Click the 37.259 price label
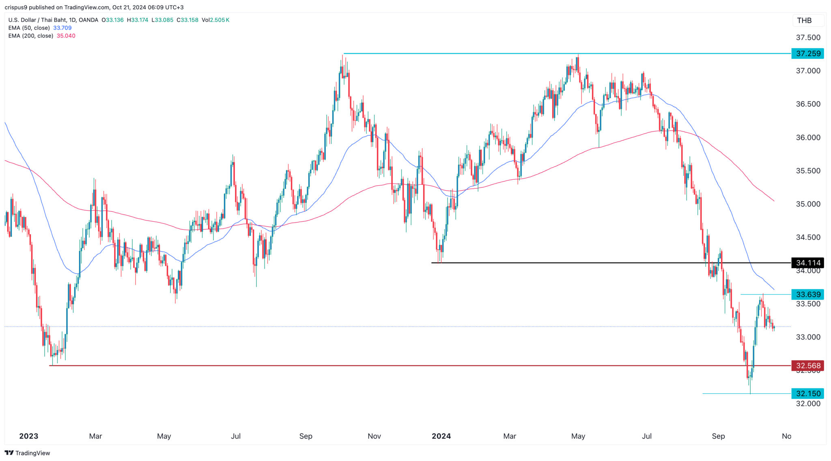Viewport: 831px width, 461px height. click(807, 54)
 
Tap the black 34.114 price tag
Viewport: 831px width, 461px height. click(807, 263)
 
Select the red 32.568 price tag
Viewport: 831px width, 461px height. click(807, 366)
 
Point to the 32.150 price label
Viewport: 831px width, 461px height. click(807, 393)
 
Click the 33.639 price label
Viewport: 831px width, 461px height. click(807, 295)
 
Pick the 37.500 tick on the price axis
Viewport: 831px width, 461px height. click(807, 37)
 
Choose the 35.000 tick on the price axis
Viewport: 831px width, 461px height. click(807, 204)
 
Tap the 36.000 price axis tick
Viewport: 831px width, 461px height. click(807, 138)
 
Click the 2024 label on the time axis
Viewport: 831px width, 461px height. click(441, 436)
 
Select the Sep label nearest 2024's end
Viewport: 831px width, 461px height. click(718, 436)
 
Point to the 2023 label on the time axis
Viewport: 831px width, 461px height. click(28, 436)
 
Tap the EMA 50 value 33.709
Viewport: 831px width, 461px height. click(62, 28)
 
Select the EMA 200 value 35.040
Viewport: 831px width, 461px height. click(66, 36)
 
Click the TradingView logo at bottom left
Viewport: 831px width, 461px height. click(27, 453)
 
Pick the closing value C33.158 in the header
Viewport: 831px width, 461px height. click(187, 20)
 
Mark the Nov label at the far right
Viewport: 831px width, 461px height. click(786, 436)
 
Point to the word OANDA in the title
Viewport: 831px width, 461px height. click(88, 20)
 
